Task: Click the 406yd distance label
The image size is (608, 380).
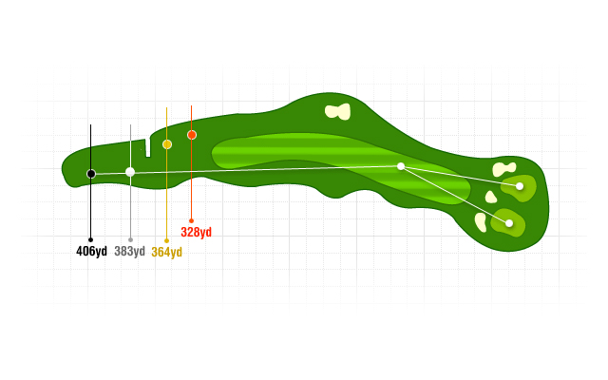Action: click(x=91, y=251)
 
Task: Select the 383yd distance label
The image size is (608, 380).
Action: click(x=129, y=251)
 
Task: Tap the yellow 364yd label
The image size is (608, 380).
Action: click(x=167, y=252)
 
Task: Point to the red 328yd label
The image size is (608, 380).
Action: click(x=197, y=232)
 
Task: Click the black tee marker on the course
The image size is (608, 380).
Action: click(x=91, y=174)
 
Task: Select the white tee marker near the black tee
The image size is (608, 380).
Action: click(x=130, y=172)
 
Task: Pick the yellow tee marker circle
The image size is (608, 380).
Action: click(x=167, y=144)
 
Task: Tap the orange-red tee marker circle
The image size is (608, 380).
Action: click(x=192, y=135)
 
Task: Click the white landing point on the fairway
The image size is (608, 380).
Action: click(x=401, y=166)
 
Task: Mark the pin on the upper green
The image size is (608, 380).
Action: click(x=520, y=186)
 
